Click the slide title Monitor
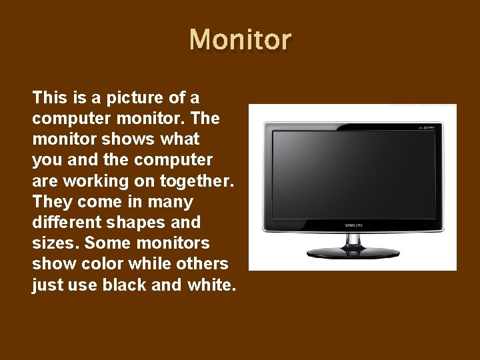240,40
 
